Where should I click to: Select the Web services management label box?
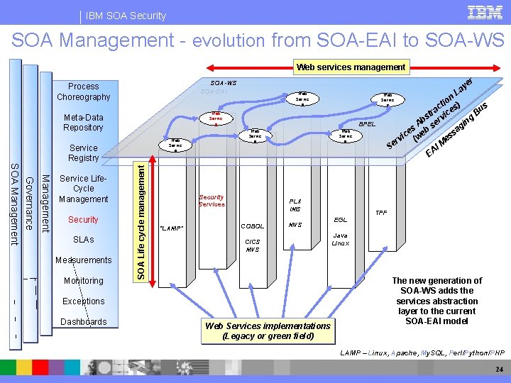(x=351, y=67)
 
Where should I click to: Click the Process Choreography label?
(x=84, y=91)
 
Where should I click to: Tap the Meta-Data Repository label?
(x=83, y=122)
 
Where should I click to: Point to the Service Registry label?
(x=83, y=153)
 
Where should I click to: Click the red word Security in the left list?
(x=83, y=220)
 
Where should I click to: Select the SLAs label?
(x=83, y=240)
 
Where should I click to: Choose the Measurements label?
(x=83, y=260)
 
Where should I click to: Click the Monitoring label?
(x=83, y=281)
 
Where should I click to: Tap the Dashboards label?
(x=83, y=322)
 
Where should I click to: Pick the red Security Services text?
(x=211, y=201)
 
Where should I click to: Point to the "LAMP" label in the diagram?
(x=172, y=228)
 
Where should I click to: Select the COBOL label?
(x=252, y=226)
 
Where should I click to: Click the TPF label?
(x=381, y=212)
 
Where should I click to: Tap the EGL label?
(x=341, y=220)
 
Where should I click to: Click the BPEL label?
(x=368, y=124)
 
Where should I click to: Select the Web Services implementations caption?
(x=267, y=331)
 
